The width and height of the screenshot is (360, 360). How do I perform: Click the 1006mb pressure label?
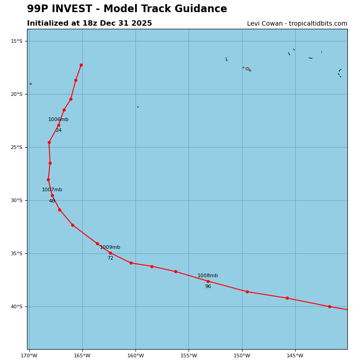point(58,120)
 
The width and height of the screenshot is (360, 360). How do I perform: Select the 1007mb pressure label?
point(52,190)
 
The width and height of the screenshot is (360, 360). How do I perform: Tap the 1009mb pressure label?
point(110,247)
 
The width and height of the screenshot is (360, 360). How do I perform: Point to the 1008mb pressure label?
point(207,276)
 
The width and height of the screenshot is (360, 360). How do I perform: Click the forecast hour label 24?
point(58,130)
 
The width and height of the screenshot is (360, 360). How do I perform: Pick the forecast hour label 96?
point(208,287)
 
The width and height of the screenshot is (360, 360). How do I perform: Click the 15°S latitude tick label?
point(17,41)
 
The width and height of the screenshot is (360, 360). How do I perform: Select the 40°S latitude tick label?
point(17,307)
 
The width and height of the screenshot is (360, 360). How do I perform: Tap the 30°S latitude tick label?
point(17,201)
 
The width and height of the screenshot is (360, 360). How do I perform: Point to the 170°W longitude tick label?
point(29,356)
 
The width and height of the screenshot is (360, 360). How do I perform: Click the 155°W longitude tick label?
point(189,356)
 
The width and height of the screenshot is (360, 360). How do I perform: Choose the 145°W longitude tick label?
point(295,356)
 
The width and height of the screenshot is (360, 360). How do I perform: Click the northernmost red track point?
point(81,65)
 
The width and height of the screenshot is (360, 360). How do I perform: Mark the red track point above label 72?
point(110,253)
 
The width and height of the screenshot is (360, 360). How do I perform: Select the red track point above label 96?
point(208,281)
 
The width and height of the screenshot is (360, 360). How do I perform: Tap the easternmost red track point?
point(329,306)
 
